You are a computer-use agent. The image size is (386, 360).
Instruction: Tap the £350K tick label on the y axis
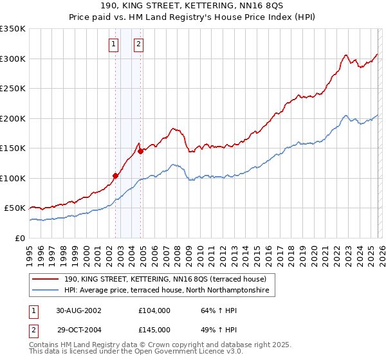13,29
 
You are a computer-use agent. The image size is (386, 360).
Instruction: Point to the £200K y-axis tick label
13,118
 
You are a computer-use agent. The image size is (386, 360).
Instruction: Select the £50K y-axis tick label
15,208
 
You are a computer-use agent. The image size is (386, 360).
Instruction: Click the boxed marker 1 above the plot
113,44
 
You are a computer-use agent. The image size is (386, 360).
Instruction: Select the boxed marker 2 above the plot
138,44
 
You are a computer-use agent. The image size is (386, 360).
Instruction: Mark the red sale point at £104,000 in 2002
116,175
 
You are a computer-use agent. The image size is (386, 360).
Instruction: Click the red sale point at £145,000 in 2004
140,151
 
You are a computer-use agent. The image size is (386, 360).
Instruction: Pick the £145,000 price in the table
154,329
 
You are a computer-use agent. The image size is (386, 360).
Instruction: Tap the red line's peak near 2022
346,55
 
